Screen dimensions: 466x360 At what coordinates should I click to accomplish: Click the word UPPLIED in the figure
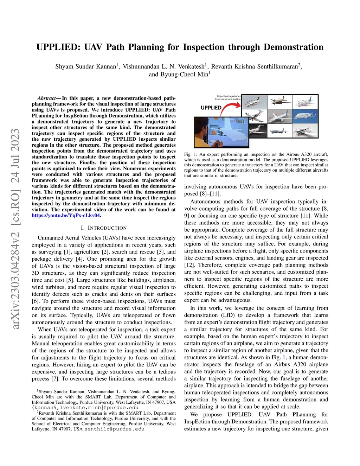(x=211, y=108)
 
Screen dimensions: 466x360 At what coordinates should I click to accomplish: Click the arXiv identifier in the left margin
(x=15, y=229)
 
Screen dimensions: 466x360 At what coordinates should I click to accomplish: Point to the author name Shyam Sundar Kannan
(x=86, y=66)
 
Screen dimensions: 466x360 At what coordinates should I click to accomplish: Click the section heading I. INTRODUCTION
(x=104, y=228)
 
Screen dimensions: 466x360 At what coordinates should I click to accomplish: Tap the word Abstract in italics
(x=47, y=98)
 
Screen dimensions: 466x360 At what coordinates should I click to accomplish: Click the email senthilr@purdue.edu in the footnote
(x=114, y=429)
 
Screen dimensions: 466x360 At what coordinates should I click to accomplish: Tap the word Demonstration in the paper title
(x=294, y=47)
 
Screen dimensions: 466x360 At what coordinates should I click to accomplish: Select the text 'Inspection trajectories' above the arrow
(x=229, y=96)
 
